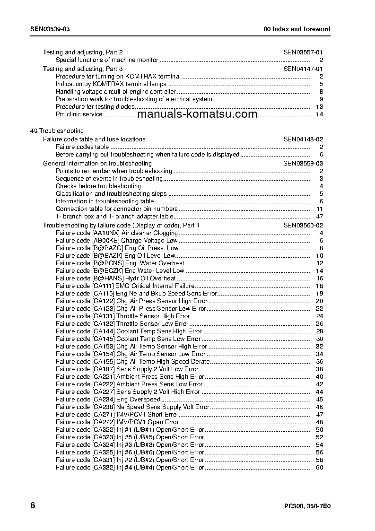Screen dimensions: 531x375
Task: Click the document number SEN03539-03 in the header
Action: tap(50, 29)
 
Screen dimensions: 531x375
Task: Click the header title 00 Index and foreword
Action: tap(297, 29)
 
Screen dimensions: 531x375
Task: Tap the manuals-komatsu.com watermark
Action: tap(198, 114)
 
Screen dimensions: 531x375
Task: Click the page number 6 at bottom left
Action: tap(33, 505)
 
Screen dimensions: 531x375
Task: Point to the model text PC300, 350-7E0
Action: tap(307, 505)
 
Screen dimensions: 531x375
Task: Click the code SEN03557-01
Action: tap(303, 52)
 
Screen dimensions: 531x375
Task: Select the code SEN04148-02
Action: tap(303, 139)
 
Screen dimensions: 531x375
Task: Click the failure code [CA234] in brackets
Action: tap(103, 399)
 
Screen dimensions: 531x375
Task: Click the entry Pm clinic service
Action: tap(79, 114)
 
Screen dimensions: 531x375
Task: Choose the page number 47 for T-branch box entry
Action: tap(319, 216)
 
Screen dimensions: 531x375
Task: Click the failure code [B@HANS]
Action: tap(107, 278)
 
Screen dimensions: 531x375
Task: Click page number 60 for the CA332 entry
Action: tap(319, 467)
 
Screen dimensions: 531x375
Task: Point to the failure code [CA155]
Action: tap(103, 361)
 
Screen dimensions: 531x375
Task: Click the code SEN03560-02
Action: tap(303, 225)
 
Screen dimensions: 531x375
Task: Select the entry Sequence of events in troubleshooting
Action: tap(109, 178)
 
